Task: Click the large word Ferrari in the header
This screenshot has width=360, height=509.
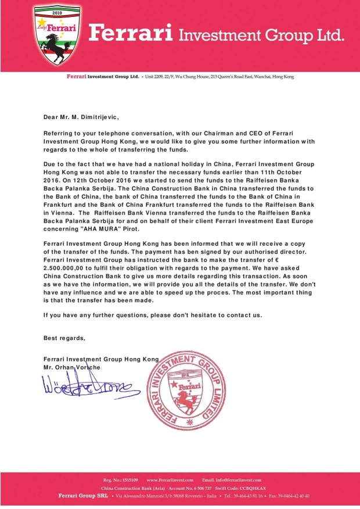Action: point(131,34)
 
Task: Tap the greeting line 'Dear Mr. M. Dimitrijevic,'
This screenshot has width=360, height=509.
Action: point(81,117)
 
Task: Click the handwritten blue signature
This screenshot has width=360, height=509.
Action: point(87,386)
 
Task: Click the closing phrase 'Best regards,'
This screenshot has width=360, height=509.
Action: point(64,338)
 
